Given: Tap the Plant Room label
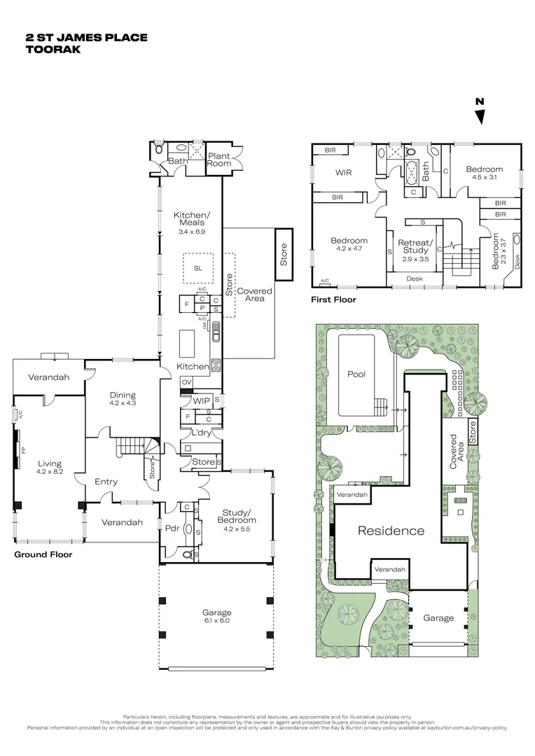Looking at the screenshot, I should [x=218, y=159].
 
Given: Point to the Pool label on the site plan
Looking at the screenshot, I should [x=356, y=374].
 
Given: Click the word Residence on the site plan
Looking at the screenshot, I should [x=391, y=531].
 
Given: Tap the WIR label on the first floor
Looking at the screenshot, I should [x=343, y=172].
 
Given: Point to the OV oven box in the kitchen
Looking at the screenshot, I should [x=186, y=381].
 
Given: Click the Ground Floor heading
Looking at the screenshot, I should [x=43, y=554].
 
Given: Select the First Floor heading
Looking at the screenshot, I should [x=333, y=300].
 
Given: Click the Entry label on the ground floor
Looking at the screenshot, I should [x=106, y=482].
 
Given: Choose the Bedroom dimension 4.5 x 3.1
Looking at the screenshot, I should [x=484, y=177].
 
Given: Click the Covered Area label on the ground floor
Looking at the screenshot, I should [x=254, y=295].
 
